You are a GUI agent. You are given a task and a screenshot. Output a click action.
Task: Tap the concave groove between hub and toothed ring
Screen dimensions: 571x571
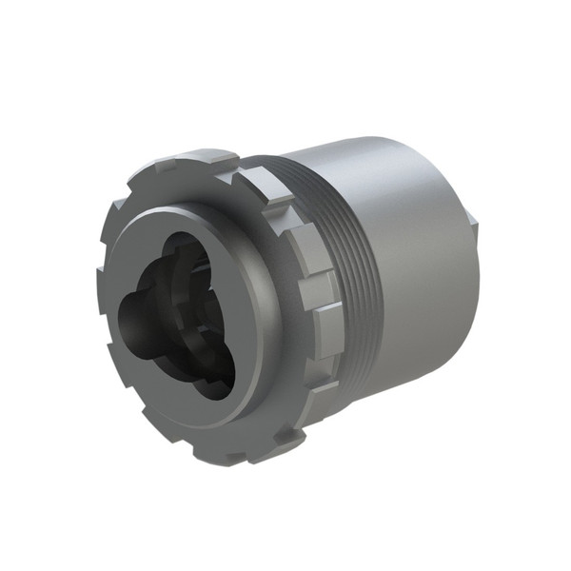[x=276, y=314]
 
